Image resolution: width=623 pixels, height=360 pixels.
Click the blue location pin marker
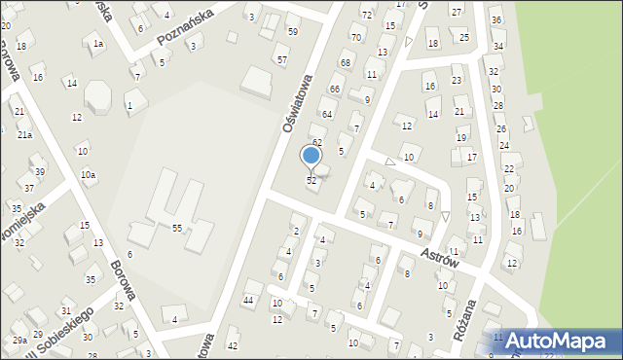[x=311, y=157]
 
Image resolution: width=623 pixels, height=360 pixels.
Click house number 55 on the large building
[x=177, y=228]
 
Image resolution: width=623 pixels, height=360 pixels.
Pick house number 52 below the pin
[x=311, y=181]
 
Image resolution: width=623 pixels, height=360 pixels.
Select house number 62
[x=316, y=142]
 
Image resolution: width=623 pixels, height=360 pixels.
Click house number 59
[x=293, y=31]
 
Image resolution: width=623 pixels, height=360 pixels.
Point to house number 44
[x=248, y=300]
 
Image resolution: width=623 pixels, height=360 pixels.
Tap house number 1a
[x=97, y=44]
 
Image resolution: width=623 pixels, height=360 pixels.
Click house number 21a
[x=24, y=135]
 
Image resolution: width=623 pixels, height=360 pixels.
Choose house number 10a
[x=88, y=174]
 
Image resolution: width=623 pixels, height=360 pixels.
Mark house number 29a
[x=19, y=341]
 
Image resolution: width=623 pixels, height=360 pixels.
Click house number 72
[x=366, y=15]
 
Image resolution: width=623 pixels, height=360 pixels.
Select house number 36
[x=496, y=19]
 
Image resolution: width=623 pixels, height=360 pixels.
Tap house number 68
[x=345, y=63]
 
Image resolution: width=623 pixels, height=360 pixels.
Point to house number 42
[x=232, y=345]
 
